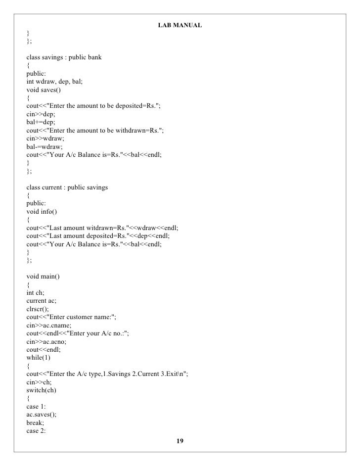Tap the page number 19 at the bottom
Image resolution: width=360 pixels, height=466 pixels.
click(180, 441)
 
